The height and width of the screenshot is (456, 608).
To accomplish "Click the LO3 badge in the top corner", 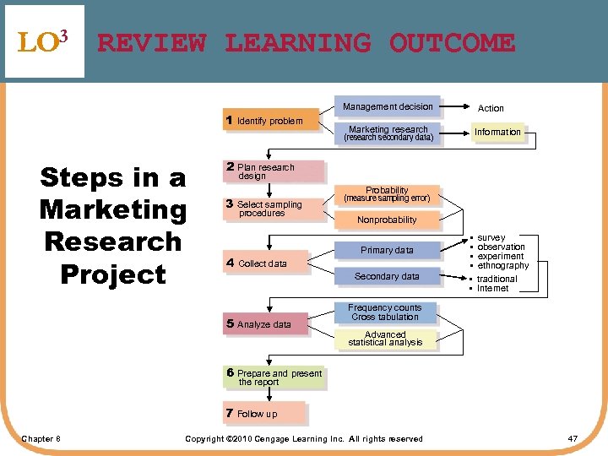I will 43,41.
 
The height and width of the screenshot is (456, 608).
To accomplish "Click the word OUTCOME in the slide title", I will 452,42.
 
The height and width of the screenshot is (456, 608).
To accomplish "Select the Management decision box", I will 388,106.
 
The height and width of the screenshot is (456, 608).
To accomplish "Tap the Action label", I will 491,108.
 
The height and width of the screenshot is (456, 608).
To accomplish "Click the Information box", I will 497,133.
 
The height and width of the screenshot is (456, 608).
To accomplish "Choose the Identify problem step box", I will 270,121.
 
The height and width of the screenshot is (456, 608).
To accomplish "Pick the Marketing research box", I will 388,133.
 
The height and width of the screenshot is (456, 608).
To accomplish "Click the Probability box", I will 387,194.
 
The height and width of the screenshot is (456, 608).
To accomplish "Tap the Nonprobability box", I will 387,220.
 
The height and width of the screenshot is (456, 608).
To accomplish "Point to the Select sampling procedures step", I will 274,209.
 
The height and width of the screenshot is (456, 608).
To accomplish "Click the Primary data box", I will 387,250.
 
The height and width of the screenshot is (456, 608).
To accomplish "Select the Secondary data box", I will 387,276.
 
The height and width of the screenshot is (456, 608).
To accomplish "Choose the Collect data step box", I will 265,263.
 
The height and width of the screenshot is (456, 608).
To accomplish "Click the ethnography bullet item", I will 502,265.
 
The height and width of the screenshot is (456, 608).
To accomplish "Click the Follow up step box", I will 263,414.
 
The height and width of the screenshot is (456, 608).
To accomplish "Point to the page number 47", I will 573,438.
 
